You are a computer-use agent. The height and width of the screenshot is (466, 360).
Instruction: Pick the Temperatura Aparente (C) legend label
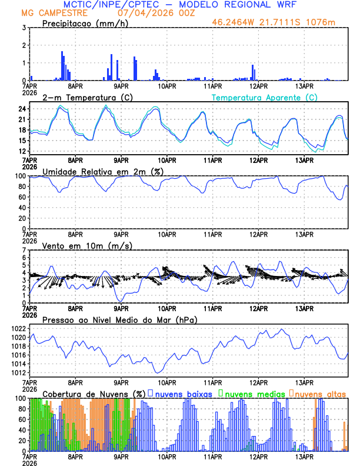[265, 97]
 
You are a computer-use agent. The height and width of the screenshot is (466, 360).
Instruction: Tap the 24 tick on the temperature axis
[21, 109]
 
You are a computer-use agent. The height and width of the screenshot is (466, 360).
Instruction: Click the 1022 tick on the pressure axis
[18, 328]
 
